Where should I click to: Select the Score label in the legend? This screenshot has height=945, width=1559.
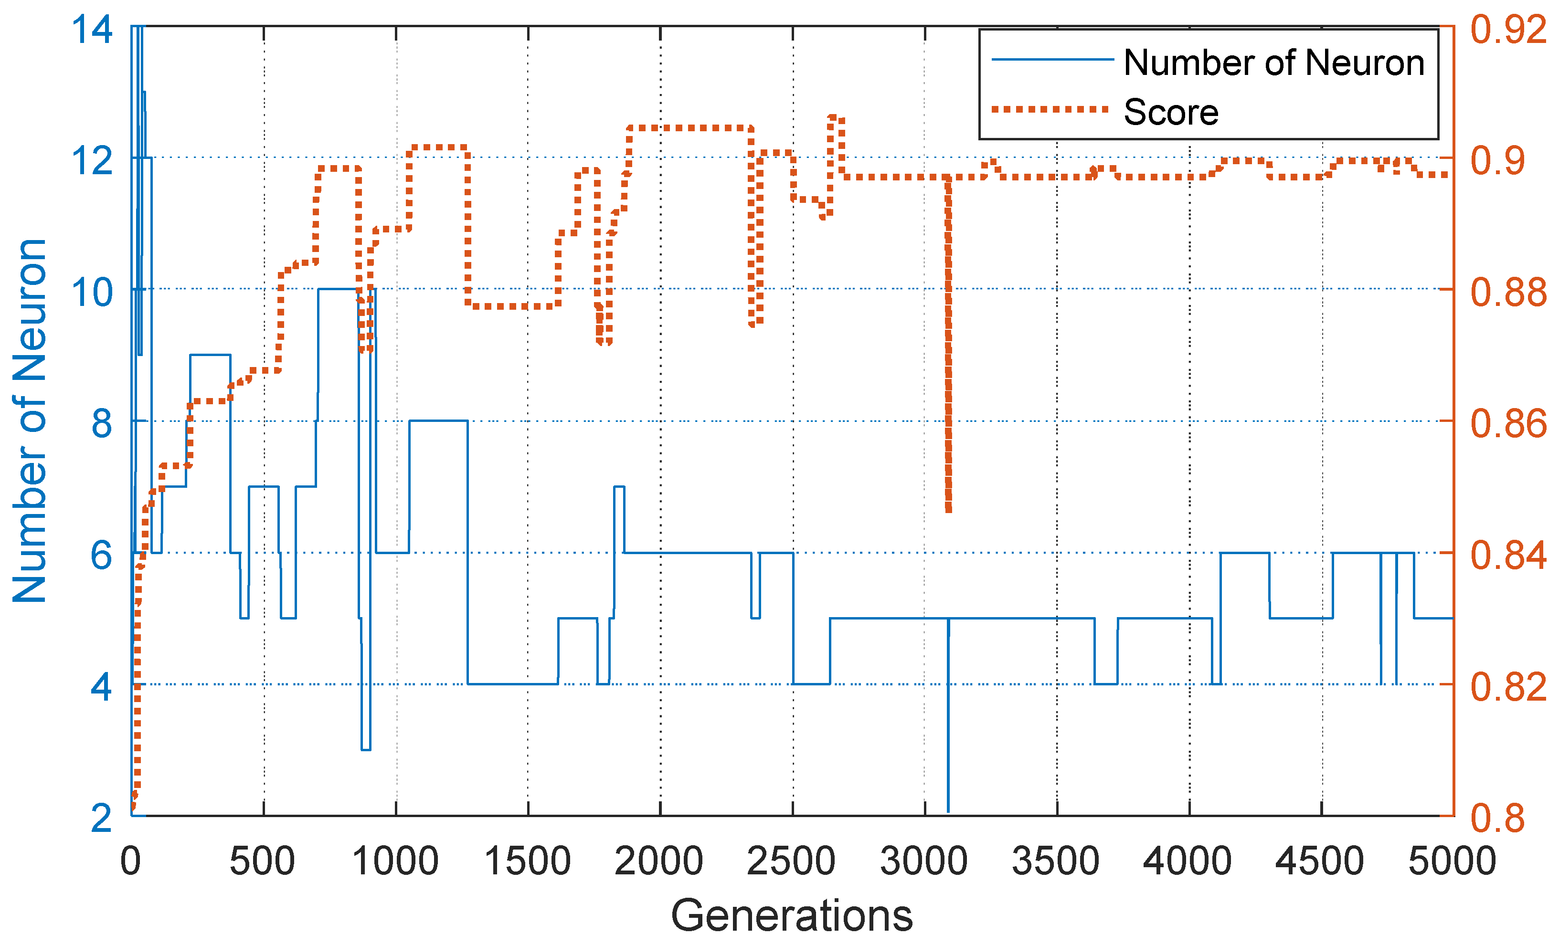[1170, 113]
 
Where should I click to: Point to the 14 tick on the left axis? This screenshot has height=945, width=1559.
[92, 29]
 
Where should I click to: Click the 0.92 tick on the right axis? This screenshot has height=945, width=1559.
[1508, 29]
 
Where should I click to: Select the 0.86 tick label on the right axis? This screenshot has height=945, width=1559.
[1508, 422]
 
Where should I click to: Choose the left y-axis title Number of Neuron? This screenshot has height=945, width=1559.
[30, 420]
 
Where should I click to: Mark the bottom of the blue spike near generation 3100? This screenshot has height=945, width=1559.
[948, 809]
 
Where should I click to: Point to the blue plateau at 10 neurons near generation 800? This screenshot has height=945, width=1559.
[339, 289]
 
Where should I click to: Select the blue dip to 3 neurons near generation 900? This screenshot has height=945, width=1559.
[366, 749]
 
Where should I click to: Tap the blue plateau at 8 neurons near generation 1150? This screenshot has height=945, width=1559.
[438, 420]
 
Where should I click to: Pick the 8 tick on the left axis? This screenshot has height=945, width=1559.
[101, 422]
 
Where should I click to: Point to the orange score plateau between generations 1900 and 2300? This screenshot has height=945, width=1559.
[689, 128]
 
